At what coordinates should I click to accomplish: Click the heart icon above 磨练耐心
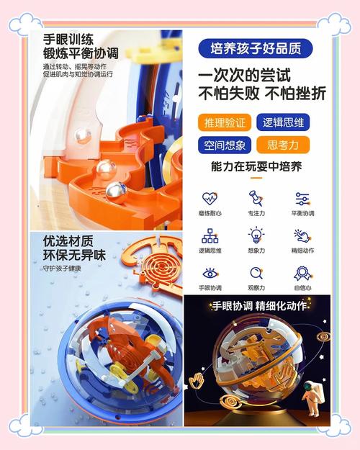pyautogui.click(x=210, y=198)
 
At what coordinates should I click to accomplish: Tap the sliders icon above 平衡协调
pyautogui.click(x=302, y=198)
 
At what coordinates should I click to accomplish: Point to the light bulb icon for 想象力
pyautogui.click(x=256, y=235)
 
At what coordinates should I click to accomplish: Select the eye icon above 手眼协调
pyautogui.click(x=210, y=274)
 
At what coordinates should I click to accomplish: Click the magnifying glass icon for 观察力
pyautogui.click(x=256, y=274)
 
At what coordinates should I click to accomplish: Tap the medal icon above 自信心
pyautogui.click(x=302, y=274)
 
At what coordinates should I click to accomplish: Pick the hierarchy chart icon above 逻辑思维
pyautogui.click(x=210, y=235)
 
